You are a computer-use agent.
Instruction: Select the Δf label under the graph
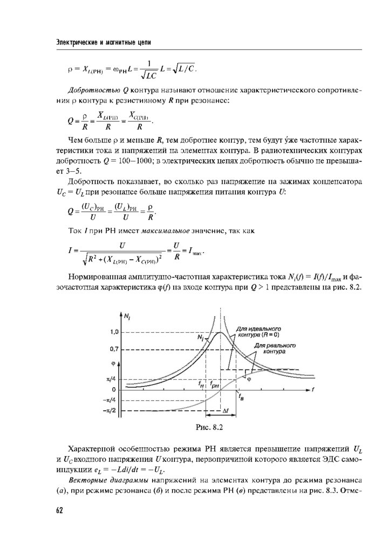[x=226, y=411]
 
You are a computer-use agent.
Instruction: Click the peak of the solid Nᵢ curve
[x=220, y=333]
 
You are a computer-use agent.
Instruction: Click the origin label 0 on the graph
[x=114, y=389]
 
